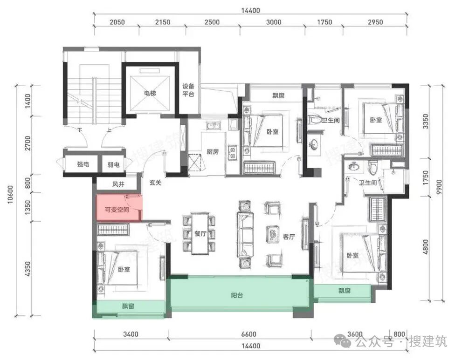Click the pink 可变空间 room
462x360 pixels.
tap(119, 207)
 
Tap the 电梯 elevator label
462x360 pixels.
tap(150, 93)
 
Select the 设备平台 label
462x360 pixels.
tap(188, 90)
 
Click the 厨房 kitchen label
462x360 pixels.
tap(213, 152)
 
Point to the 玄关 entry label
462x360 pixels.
tap(155, 183)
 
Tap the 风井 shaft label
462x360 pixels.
tap(118, 184)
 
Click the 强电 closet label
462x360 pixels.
tap(83, 164)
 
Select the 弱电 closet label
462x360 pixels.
tap(113, 164)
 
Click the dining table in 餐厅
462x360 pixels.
tap(200, 233)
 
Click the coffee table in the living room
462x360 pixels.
tap(273, 234)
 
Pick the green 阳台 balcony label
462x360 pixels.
tap(237, 295)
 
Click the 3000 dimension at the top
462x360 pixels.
tap(274, 22)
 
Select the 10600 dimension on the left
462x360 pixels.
tap(10, 195)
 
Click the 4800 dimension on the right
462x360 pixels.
tap(425, 247)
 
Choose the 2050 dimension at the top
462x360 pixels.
tap(117, 22)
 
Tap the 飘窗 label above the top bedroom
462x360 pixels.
tap(278, 95)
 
